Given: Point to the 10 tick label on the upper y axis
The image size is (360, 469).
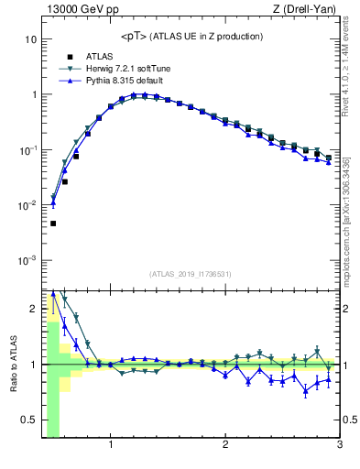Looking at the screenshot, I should [x=30, y=40].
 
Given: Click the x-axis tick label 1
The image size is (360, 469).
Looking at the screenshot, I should [x=111, y=446].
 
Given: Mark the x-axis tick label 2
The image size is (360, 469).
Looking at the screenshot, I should [x=225, y=446].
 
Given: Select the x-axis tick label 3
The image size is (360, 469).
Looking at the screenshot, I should [x=339, y=446].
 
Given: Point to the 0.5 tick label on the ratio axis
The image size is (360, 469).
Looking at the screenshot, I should [x=30, y=420].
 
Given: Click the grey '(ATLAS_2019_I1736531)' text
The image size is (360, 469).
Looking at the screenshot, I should [x=191, y=274].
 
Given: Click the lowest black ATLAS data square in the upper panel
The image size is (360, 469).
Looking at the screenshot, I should [x=53, y=224].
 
